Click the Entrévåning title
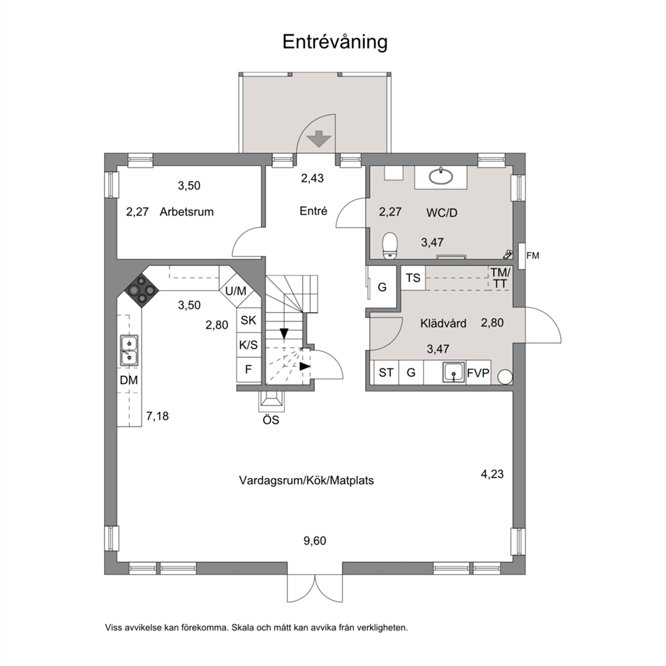[335, 42]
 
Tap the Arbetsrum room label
[187, 211]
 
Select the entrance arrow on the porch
[318, 140]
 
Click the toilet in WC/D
[390, 246]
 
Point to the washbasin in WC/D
[440, 177]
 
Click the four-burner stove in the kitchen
[142, 290]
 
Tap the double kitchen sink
[129, 350]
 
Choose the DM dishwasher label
[129, 380]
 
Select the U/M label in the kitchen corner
[236, 291]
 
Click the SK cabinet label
[248, 320]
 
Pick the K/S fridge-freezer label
[248, 344]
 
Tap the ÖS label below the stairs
[271, 420]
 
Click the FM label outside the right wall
[532, 256]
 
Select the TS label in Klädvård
[413, 278]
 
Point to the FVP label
[478, 373]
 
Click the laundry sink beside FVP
[454, 373]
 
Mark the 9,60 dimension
[315, 540]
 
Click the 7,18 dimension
[158, 416]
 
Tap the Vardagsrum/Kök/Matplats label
[306, 481]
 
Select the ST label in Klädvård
[385, 373]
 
